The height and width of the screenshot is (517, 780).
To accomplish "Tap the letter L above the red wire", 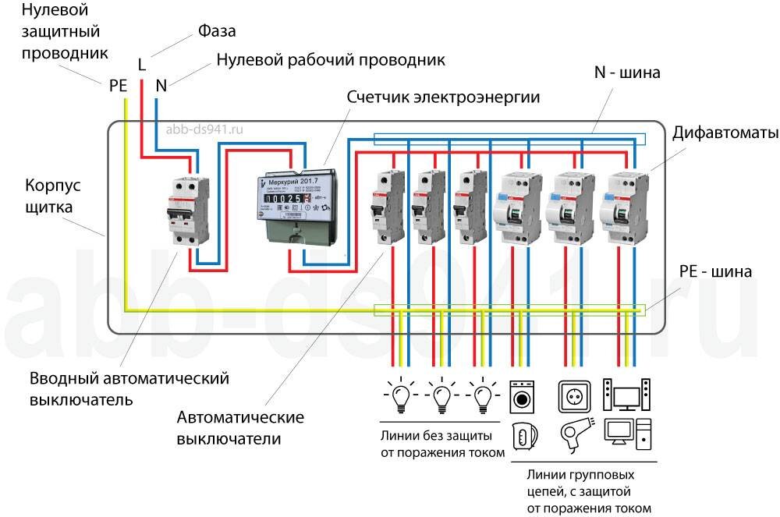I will click(141, 65).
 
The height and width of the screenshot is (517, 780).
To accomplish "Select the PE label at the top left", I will click(118, 86).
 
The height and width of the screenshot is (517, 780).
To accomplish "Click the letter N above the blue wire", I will click(161, 86).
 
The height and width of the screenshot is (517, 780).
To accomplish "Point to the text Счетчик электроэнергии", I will click(444, 97).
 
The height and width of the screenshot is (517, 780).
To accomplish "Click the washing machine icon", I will click(520, 396).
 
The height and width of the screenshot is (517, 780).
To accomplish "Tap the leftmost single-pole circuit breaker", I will click(385, 207).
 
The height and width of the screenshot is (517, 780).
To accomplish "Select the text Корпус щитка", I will click(53, 197).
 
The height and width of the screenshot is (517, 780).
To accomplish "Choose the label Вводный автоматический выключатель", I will click(129, 388).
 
